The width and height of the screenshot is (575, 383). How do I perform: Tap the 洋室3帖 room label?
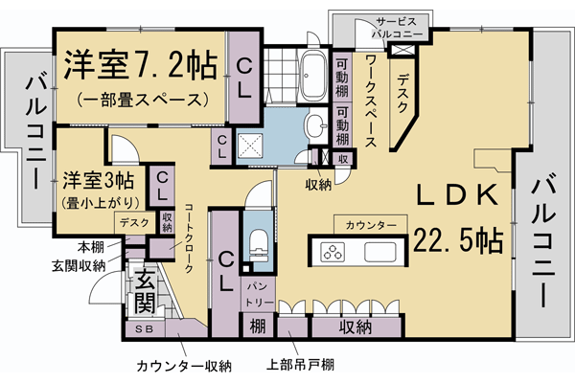pyautogui.click(x=99, y=180)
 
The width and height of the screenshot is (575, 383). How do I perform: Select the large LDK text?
pyautogui.click(x=456, y=195)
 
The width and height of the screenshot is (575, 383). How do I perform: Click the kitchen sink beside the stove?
pyautogui.click(x=380, y=254)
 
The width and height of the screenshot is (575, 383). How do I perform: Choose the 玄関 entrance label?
pyautogui.click(x=144, y=292)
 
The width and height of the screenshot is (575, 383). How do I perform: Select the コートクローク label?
pyautogui.click(x=188, y=238)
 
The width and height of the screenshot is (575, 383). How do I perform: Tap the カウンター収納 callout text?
pyautogui.click(x=184, y=365)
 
